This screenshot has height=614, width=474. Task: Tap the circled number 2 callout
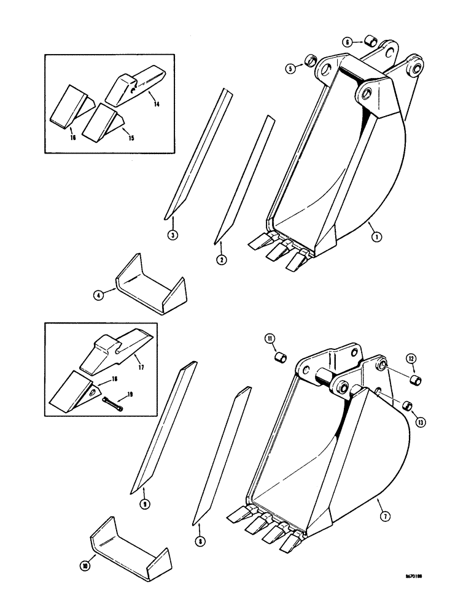pyautogui.click(x=221, y=260)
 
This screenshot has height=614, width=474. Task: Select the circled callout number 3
pyautogui.click(x=173, y=235)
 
